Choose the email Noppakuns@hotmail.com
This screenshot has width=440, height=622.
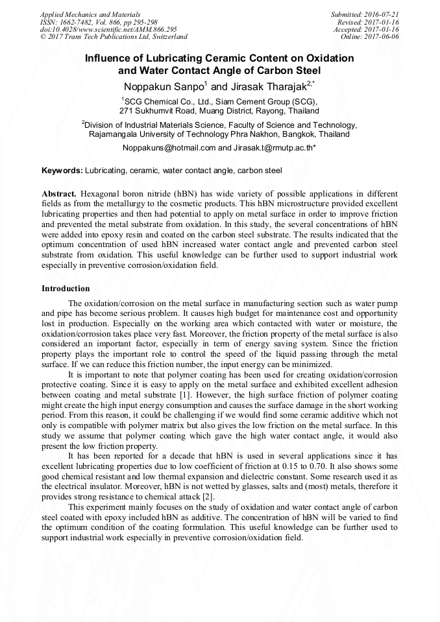[169, 148]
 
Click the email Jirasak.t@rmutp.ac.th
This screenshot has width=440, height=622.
[273, 148]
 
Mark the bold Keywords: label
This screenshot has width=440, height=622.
[62, 171]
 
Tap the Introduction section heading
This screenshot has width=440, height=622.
[66, 289]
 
